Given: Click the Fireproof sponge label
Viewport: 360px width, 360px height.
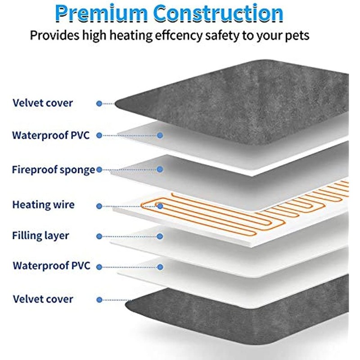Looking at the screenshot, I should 53,170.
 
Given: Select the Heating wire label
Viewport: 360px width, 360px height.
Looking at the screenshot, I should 43,205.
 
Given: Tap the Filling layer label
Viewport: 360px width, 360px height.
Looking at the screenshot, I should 40,235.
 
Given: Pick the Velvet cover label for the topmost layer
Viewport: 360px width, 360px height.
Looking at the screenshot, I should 43,103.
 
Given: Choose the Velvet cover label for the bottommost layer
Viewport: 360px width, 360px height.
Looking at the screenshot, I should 43,299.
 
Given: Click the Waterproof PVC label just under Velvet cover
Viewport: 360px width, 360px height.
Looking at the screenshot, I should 50,135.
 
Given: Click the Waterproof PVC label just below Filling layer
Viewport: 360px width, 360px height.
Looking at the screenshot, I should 51,265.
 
